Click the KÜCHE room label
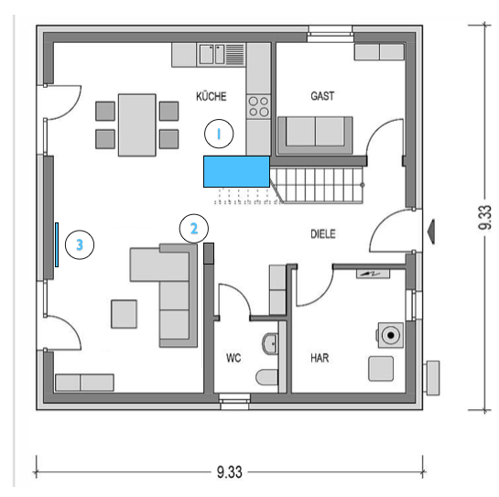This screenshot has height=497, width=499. (211, 96)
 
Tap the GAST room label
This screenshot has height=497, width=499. (322, 96)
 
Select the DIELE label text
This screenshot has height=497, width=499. (323, 234)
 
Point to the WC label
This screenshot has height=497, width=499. (233, 358)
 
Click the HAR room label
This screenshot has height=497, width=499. (320, 358)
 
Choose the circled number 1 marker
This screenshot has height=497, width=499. (219, 134)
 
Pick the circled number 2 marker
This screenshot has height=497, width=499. (194, 229)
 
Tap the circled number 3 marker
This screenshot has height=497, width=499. (80, 244)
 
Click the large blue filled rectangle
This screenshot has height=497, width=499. (236, 171)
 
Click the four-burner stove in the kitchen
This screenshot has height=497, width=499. (258, 106)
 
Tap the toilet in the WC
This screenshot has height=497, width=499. (266, 377)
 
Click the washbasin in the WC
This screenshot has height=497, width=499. (270, 343)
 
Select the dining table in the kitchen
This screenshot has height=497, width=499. (137, 125)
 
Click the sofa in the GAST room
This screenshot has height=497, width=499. (315, 135)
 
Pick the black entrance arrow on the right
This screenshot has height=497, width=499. (431, 232)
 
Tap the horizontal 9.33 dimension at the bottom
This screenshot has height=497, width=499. (230, 472)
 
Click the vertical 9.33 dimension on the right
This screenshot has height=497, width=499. (485, 217)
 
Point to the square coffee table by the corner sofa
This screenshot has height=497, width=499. (125, 314)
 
